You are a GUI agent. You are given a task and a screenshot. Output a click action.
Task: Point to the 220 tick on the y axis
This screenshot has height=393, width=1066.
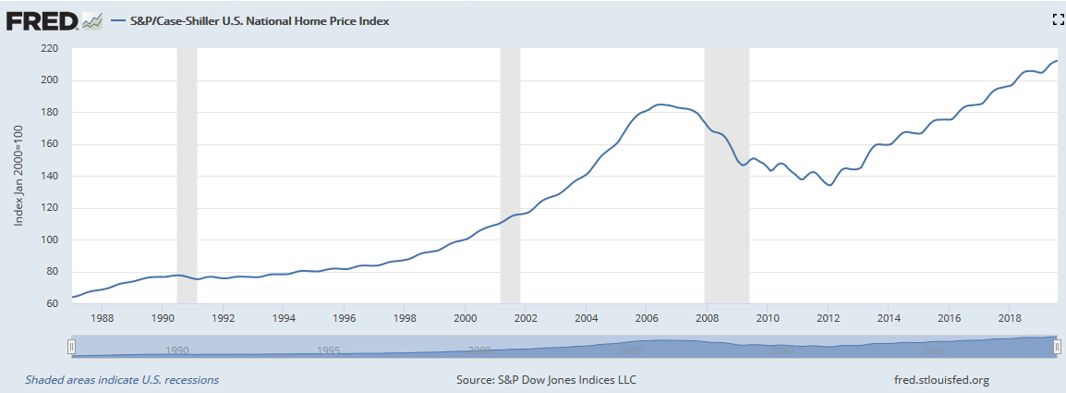49,48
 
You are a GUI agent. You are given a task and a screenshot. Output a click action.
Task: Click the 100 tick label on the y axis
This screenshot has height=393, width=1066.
49,239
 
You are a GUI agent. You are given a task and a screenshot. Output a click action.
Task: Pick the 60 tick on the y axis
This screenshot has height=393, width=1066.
52,303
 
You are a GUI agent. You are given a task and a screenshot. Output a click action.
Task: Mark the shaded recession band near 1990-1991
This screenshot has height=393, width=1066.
187,176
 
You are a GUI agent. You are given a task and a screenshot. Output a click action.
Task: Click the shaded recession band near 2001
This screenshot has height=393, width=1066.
510,176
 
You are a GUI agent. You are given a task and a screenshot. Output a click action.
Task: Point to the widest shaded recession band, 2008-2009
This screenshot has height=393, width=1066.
726,176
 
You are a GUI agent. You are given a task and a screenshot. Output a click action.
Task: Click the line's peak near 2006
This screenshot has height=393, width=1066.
659,104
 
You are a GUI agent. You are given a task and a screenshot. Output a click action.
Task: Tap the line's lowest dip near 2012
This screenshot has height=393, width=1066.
830,185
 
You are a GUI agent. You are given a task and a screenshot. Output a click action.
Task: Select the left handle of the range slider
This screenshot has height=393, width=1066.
71,346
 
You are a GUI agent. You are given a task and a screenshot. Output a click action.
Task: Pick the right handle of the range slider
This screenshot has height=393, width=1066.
1058,346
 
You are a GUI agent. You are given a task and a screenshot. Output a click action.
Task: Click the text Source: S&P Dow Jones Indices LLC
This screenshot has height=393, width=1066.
546,380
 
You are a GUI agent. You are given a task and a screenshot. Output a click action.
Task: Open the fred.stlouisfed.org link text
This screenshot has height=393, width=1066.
936,380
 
